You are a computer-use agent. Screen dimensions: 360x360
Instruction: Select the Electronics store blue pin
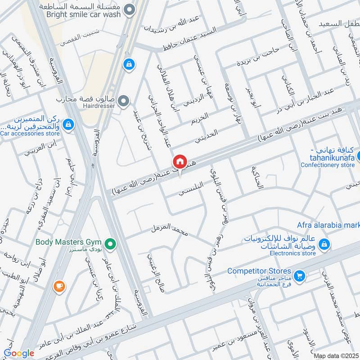[x=323, y=245]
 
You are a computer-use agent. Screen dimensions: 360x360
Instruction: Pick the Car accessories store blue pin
[x=68, y=124]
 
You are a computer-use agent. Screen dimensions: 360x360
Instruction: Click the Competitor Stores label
[x=259, y=271]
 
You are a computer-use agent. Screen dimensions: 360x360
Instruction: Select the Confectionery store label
[x=328, y=165]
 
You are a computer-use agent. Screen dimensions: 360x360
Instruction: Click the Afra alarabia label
[x=328, y=225]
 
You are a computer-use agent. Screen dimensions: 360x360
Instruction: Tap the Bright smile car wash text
[x=84, y=14]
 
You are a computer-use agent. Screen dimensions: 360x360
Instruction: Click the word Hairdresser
[x=99, y=105]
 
